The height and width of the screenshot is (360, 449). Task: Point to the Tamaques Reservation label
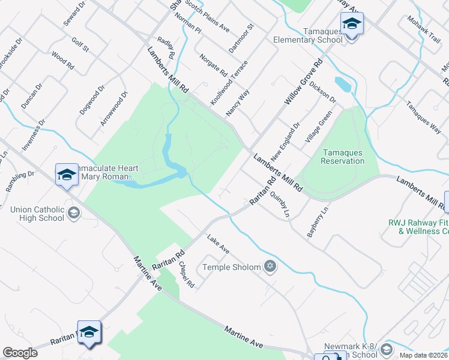click(342, 157)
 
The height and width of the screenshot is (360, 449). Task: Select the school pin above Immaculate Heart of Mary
click(67, 175)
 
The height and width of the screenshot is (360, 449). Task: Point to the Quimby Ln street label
click(279, 205)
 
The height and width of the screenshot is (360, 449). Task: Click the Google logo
click(20, 353)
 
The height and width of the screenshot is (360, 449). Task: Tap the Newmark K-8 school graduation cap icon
click(387, 349)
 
